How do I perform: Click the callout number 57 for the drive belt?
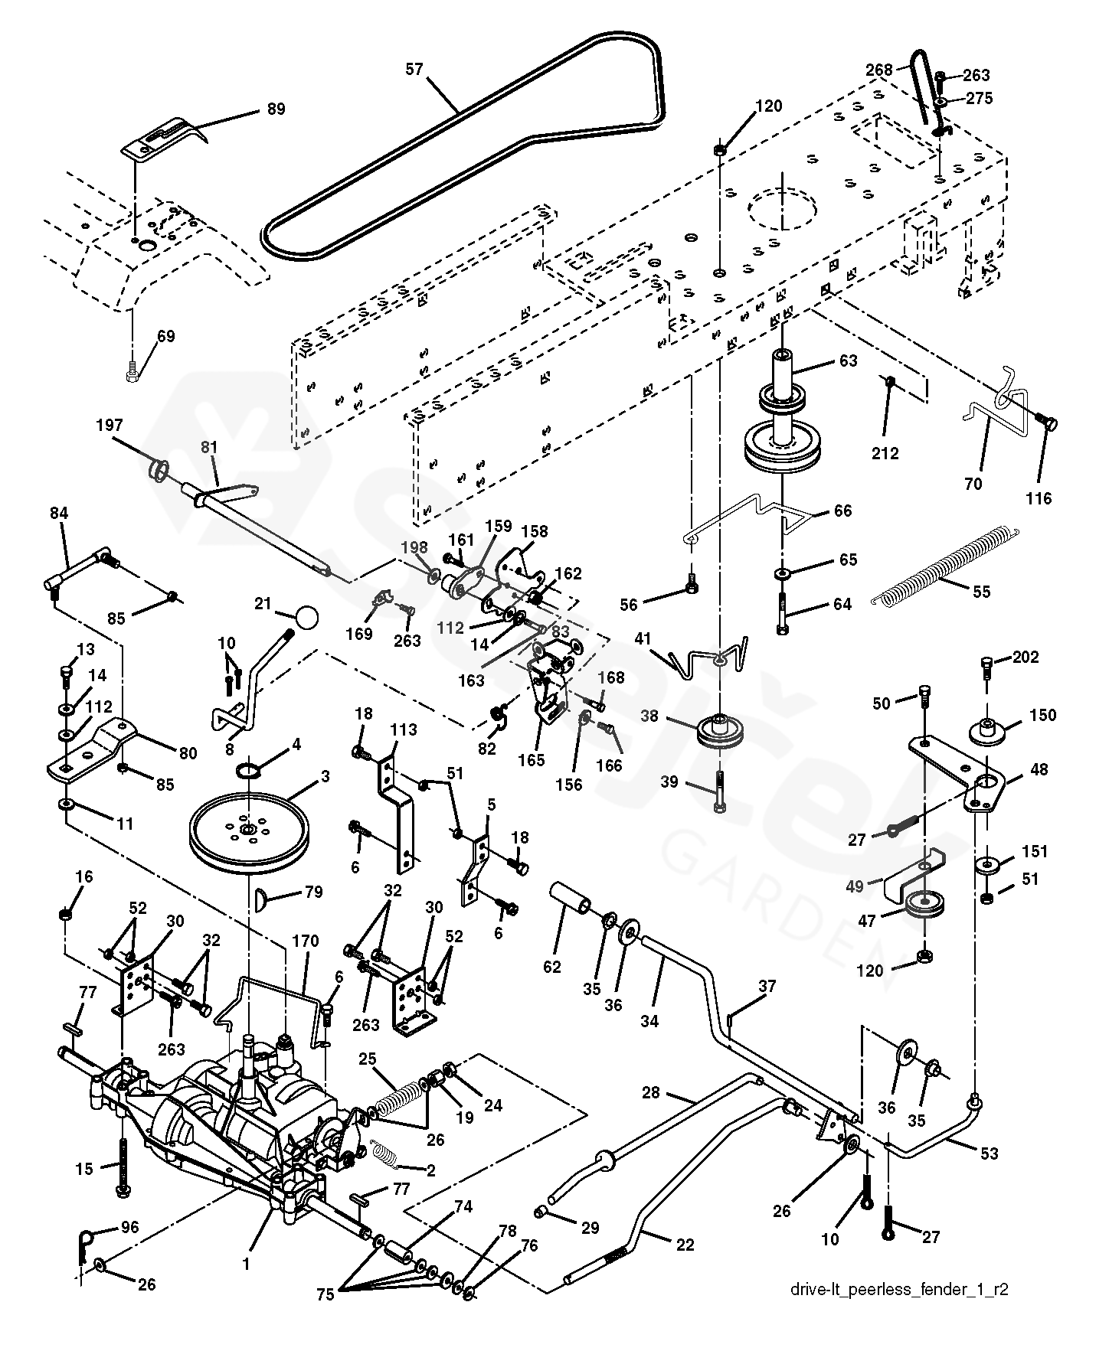click(414, 70)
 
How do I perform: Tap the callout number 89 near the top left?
click(276, 109)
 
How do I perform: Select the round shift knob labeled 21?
click(306, 617)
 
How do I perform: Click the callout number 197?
click(109, 426)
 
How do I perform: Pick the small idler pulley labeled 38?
click(721, 733)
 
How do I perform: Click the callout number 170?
click(305, 941)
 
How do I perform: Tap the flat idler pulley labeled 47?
click(925, 903)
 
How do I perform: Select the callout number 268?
click(879, 70)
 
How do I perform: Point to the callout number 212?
click(885, 453)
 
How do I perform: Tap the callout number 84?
click(59, 513)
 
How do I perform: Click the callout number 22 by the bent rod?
click(685, 1245)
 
